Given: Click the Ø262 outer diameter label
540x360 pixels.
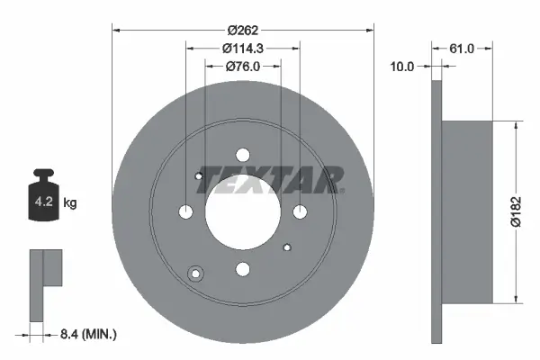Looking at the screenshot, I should [242, 30].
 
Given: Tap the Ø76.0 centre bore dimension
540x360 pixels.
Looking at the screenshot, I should [242, 65].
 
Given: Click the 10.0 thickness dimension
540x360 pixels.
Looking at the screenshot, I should [401, 66].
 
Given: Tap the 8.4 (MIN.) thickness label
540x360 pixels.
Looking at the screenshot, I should [86, 335].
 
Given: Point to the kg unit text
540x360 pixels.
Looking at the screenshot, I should [70, 203].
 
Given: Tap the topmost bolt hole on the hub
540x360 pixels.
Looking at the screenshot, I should [242, 155].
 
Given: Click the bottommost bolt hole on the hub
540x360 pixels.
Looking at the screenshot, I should [242, 267].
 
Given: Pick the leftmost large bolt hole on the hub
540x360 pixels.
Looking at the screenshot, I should [186, 211].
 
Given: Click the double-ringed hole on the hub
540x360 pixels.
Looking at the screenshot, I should [194, 274].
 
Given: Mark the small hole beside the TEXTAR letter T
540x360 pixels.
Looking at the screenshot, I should [199, 176].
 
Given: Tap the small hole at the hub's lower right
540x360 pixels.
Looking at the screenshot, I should [286, 247].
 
